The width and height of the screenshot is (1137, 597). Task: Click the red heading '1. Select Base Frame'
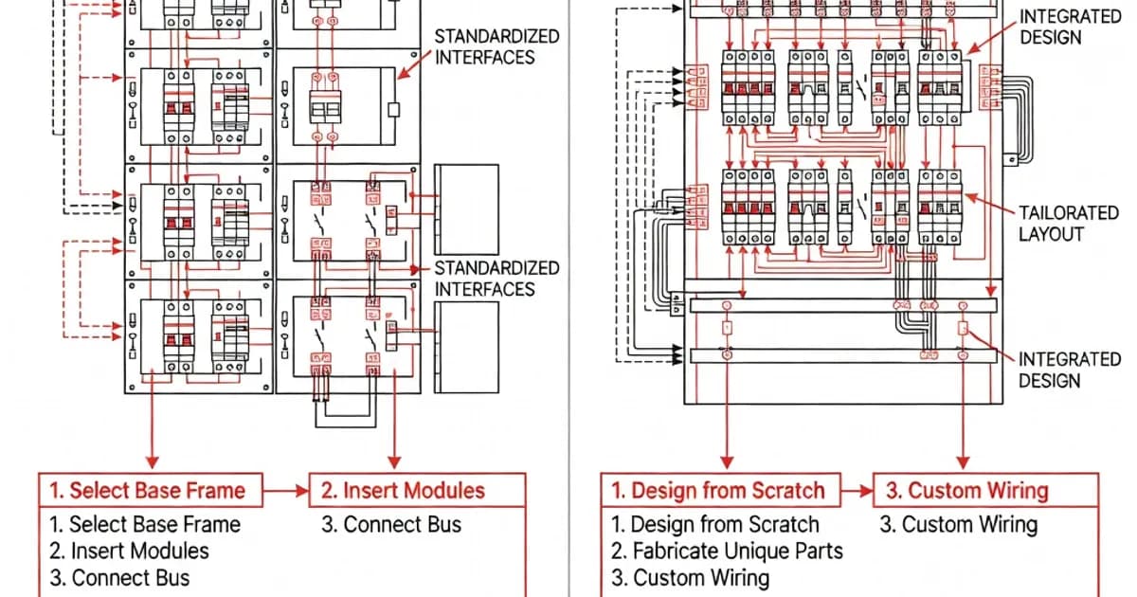147,491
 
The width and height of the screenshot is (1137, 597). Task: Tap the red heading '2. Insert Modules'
403,491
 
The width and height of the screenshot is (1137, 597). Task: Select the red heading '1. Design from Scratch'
718,491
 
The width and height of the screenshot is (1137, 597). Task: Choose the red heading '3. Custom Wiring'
967,491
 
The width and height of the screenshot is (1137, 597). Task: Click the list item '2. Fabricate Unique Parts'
727,551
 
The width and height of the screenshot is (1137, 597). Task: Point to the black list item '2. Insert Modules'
130,551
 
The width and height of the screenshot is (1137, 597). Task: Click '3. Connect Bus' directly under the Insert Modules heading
391,524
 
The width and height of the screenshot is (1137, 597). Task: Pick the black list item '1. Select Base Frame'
145,524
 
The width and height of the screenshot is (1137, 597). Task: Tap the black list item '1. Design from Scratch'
714,524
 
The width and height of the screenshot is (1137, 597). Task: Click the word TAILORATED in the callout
1069,212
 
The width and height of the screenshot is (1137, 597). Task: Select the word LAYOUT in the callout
1051,234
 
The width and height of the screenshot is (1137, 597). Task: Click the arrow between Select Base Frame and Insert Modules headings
286,491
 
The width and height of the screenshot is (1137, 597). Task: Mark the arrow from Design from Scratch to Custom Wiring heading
857,491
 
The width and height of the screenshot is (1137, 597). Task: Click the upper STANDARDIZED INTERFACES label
496,46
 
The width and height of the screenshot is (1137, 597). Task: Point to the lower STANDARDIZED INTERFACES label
496,279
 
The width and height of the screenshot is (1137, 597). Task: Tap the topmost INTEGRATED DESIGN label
1070,27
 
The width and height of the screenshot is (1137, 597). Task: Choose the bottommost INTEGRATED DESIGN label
1070,371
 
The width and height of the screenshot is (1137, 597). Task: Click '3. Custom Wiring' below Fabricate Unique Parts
690,578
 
